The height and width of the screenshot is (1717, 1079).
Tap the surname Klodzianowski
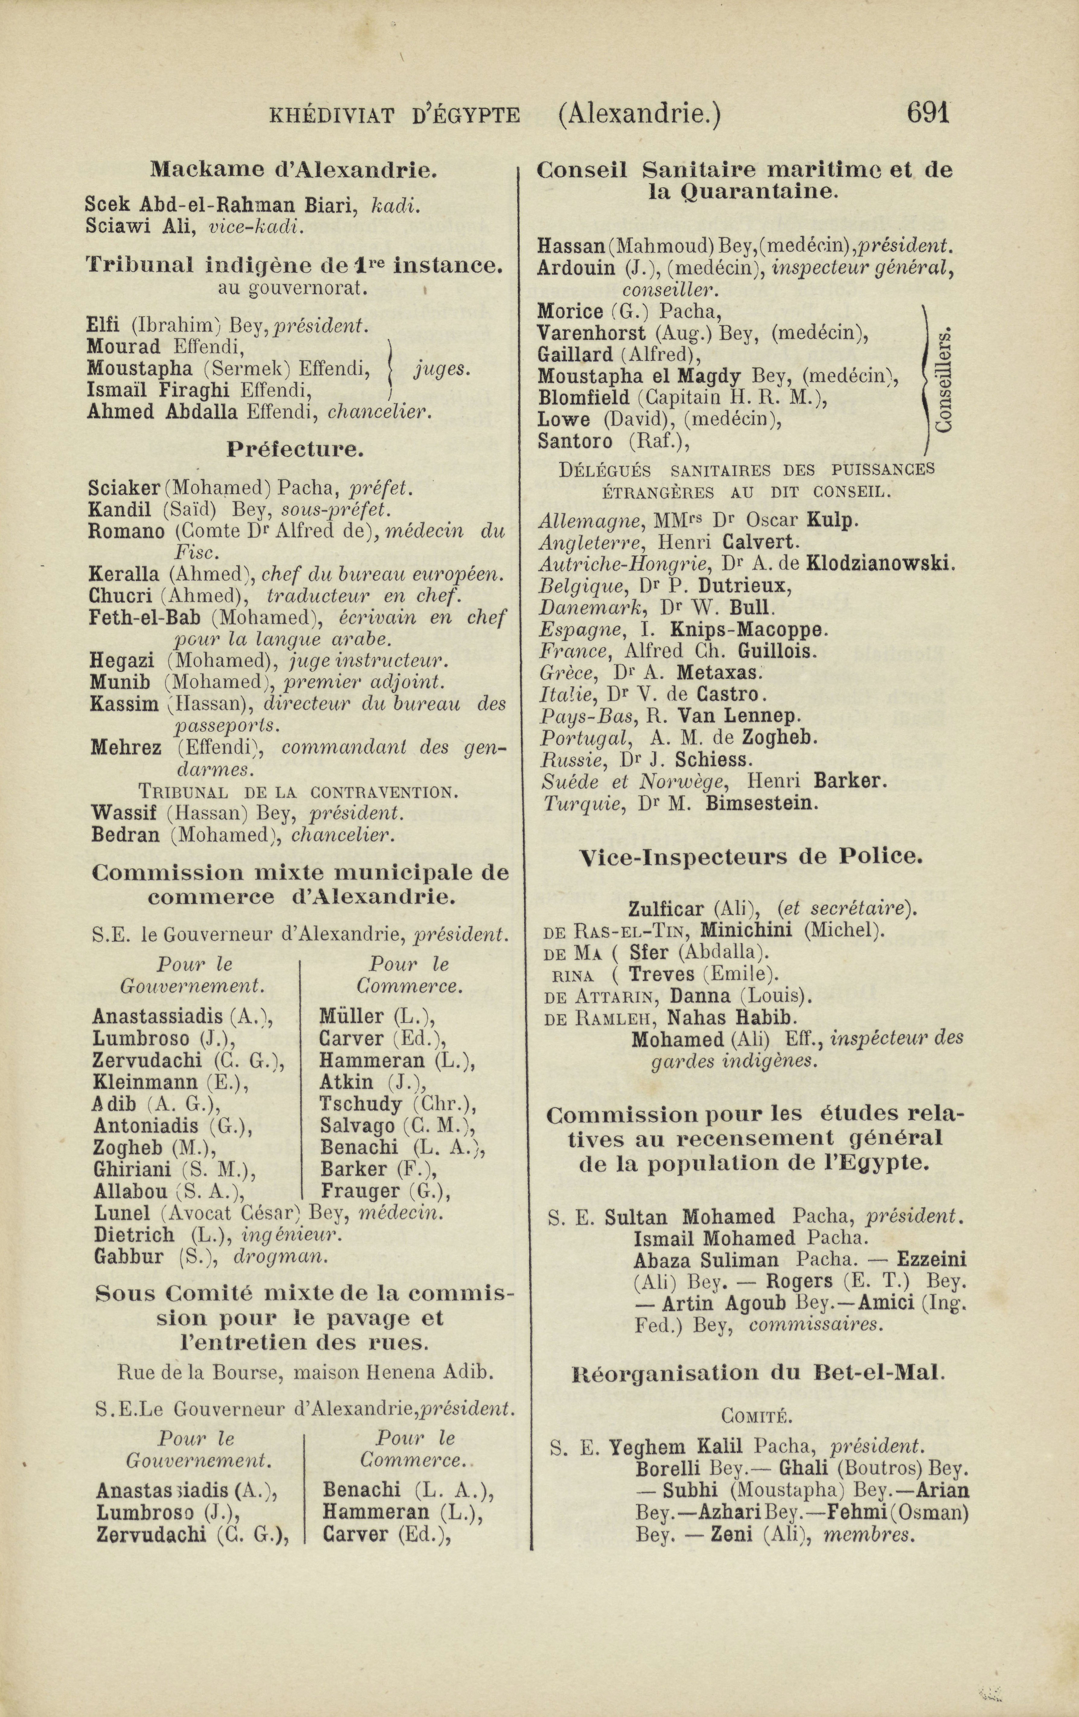click(879, 563)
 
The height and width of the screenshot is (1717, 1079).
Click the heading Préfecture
click(295, 450)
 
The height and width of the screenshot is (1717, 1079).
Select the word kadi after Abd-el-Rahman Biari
click(393, 205)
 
